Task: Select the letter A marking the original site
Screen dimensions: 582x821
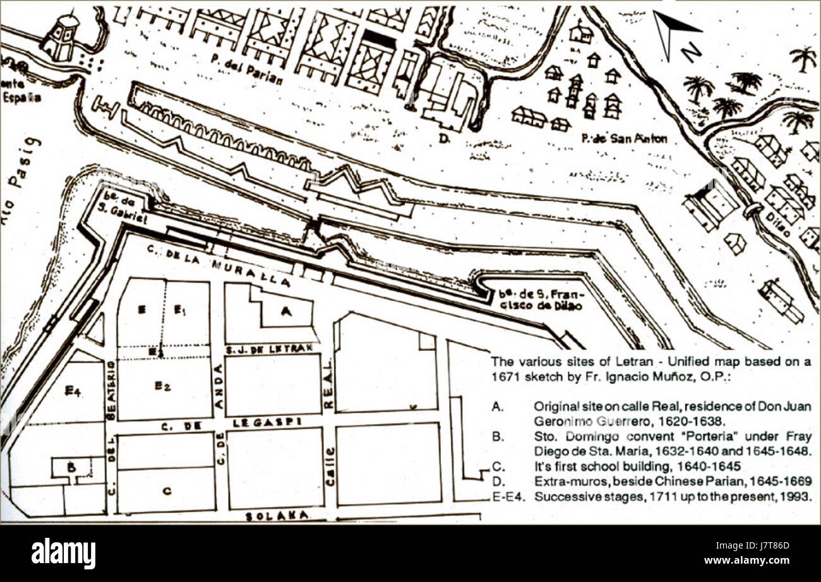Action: coord(286,310)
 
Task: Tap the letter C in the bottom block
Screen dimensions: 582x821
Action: coord(166,492)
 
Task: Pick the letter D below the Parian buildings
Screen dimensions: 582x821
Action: coord(444,137)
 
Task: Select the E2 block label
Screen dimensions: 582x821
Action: coord(163,386)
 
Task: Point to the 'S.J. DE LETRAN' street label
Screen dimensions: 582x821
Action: coord(271,348)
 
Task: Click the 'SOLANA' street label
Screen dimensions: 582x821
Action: coord(277,516)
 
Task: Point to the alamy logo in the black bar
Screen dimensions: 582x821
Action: coord(64,553)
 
